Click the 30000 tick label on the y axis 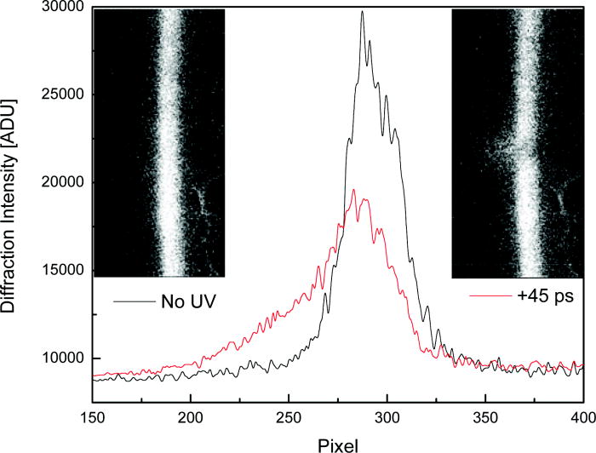(x=61, y=9)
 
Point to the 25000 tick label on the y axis (x=61, y=95)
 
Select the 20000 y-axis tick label (x=61, y=183)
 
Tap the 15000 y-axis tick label (x=61, y=271)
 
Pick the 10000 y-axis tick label (x=61, y=358)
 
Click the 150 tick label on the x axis (x=93, y=418)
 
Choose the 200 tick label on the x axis (x=191, y=418)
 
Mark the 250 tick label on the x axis (x=289, y=418)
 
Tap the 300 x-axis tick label (x=387, y=418)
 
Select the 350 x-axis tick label (x=484, y=418)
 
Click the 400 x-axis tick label (x=581, y=418)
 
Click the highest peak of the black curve (x=362, y=12)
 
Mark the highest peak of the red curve (x=352, y=190)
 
